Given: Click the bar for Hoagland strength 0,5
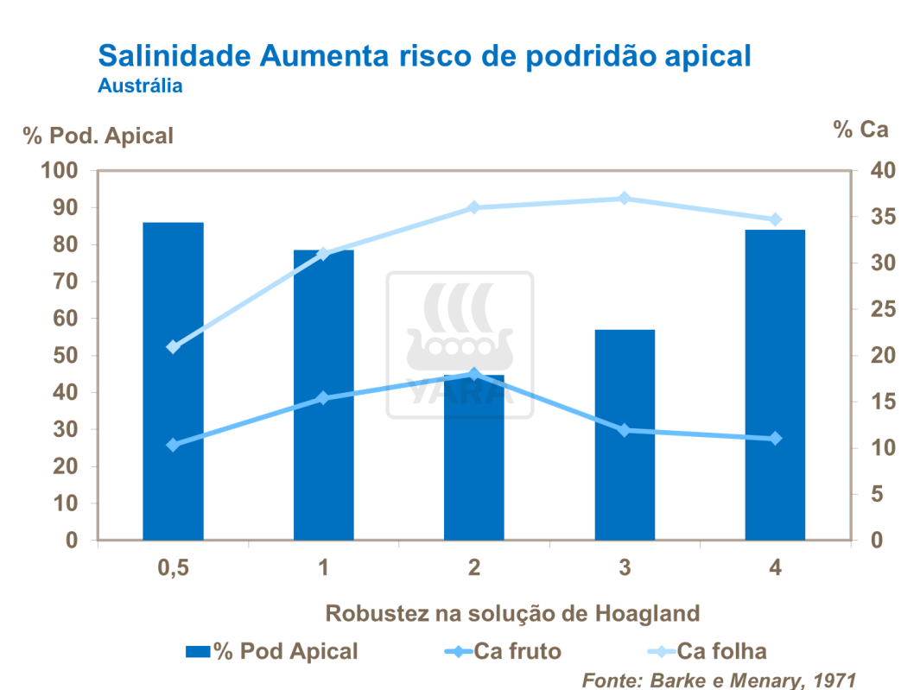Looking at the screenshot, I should pos(173,381).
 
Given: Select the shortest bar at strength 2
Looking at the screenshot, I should pos(474,458).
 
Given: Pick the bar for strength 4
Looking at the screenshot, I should pos(775,384).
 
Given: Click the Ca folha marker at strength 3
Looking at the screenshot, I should pos(625,199).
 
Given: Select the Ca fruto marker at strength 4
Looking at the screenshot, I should pos(775,439).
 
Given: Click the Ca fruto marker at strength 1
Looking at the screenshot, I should pos(324,398).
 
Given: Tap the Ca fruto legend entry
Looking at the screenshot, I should pos(505,651).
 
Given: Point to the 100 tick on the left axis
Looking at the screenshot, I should pos(60,171).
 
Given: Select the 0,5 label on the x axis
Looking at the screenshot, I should pos(173,568).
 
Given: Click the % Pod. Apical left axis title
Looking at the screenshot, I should pos(98,136).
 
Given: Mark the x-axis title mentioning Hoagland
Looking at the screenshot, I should pos(512,614).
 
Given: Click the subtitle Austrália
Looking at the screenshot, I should pos(140,86).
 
